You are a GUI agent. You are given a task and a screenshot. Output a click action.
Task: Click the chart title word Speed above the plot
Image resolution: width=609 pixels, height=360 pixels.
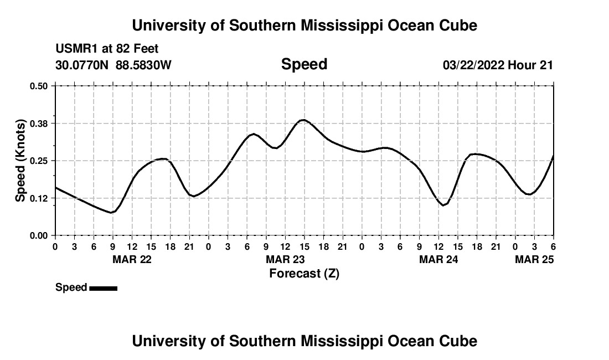(x=304, y=64)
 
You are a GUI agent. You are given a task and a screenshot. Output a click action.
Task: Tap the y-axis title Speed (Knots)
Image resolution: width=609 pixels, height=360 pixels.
(x=20, y=160)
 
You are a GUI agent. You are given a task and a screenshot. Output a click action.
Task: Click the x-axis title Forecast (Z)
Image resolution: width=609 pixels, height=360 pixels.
(x=304, y=273)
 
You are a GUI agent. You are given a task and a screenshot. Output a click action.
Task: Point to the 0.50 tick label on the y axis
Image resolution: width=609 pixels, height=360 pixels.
(x=39, y=86)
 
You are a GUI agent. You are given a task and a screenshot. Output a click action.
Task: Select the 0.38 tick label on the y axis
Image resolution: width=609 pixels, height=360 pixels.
(x=39, y=123)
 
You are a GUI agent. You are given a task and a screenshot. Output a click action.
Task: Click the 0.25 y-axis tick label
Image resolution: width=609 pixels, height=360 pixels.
(x=39, y=161)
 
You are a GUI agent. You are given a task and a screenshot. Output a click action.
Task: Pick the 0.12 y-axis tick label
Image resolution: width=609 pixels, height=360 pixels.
(x=39, y=198)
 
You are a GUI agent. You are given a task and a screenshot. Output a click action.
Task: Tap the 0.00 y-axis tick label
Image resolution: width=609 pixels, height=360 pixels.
(x=39, y=235)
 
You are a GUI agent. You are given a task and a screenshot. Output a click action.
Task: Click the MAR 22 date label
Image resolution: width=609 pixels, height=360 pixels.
(x=132, y=259)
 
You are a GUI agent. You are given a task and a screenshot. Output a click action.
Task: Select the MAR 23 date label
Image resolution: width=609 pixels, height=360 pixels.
(x=285, y=259)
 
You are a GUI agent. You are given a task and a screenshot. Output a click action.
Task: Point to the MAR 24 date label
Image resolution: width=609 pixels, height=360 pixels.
(x=438, y=259)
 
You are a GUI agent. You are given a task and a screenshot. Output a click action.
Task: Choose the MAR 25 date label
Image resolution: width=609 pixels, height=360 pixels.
(x=534, y=259)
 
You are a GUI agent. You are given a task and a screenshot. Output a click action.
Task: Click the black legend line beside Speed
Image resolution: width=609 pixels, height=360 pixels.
(x=103, y=288)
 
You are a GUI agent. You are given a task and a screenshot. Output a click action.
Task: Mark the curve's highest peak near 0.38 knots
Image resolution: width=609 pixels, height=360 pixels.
(x=303, y=120)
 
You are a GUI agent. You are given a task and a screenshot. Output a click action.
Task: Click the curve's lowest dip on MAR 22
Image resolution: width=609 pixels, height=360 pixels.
(x=112, y=212)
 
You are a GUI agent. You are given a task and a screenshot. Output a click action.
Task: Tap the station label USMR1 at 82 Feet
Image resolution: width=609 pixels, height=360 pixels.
(x=107, y=49)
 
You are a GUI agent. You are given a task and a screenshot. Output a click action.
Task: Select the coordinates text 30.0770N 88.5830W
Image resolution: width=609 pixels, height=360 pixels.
(x=113, y=65)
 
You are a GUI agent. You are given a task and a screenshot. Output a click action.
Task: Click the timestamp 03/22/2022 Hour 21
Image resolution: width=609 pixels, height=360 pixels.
(x=498, y=65)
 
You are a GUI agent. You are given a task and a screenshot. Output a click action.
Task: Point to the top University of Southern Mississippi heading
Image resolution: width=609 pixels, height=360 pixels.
(x=304, y=25)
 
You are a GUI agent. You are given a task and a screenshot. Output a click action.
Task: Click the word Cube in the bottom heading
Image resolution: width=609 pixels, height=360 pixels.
(x=462, y=341)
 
